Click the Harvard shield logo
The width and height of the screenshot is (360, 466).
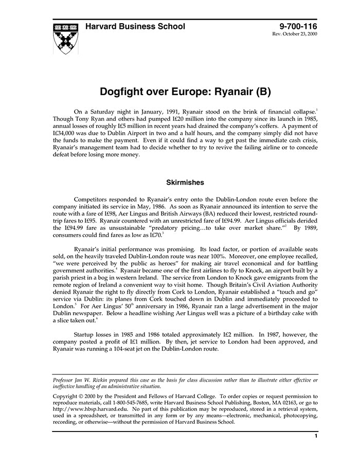[x=65, y=38]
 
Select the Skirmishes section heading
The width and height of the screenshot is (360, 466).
[x=185, y=182]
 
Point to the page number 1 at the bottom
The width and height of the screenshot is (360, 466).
[x=315, y=436]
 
